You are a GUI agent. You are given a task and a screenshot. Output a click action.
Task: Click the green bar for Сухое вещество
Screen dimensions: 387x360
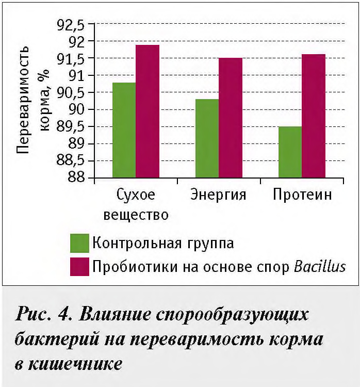124,130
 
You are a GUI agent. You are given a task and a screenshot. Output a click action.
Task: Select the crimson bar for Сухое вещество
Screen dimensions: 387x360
148,111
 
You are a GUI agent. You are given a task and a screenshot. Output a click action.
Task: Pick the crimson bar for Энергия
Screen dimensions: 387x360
231,118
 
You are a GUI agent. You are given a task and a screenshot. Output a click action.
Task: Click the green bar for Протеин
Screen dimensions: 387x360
290,152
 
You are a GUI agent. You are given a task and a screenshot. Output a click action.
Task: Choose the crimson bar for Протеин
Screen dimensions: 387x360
314,116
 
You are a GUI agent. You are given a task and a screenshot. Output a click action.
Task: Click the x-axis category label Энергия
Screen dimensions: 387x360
218,195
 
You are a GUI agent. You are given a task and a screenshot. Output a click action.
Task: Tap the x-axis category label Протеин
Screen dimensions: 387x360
302,195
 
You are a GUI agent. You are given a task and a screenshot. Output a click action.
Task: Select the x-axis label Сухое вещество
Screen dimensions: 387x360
136,204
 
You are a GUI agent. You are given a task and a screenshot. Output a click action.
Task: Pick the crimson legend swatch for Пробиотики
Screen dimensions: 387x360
79,266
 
